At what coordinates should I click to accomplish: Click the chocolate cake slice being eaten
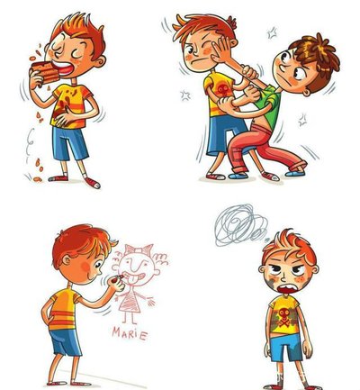(46, 72)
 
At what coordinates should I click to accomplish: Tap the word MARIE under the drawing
(130, 333)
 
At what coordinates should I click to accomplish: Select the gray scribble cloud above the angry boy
(241, 224)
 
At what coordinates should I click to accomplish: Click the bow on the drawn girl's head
(139, 249)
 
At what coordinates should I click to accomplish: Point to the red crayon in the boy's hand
(120, 277)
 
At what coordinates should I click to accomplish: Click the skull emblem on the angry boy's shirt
(283, 318)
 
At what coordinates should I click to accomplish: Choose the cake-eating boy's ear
(101, 61)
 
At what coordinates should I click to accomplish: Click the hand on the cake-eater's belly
(64, 118)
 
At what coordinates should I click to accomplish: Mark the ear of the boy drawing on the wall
(66, 260)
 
